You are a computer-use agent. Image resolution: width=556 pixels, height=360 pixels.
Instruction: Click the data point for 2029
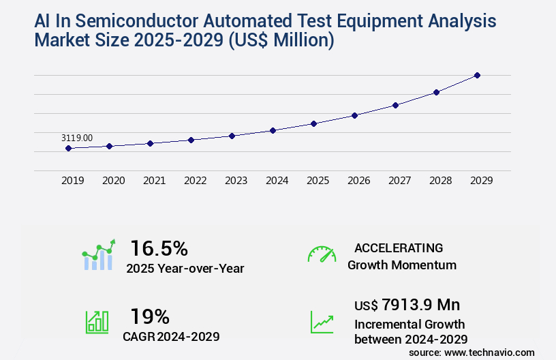477,75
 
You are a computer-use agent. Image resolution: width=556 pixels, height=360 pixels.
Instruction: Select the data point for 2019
69,148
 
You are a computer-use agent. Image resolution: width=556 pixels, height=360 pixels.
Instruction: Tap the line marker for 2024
273,130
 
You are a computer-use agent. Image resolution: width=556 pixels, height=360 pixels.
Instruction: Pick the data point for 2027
395,105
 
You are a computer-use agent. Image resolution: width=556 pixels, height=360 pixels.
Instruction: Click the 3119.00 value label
77,138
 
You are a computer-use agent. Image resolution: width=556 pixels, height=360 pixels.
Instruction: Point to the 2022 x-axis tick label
196,181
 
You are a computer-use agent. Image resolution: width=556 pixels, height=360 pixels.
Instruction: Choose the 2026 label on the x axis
359,181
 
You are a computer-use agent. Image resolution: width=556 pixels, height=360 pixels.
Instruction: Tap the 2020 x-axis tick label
114,181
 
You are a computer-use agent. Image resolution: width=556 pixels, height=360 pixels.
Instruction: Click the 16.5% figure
159,247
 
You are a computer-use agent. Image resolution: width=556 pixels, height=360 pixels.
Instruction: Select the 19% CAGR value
150,316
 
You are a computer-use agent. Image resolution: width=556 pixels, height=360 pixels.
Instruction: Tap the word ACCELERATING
399,247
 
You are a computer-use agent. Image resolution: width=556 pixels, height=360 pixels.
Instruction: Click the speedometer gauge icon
322,254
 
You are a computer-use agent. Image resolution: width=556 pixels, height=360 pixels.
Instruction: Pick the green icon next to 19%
97,322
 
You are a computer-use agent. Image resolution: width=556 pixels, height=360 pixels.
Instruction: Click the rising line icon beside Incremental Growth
322,322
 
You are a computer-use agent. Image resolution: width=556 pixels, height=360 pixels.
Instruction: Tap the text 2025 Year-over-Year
185,269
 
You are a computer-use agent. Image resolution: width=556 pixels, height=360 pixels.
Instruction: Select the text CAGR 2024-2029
172,336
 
